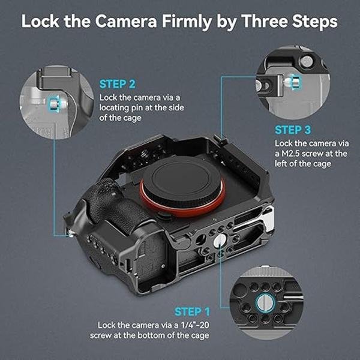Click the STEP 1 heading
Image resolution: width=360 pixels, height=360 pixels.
192,311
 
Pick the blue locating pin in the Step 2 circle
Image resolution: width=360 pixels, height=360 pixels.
53,103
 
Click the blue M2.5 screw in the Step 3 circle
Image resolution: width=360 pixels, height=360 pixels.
293,80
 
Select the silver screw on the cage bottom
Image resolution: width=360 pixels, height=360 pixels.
220,240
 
